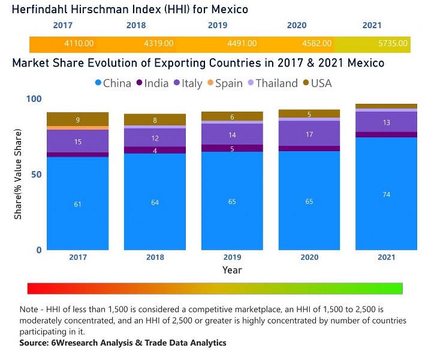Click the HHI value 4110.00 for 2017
pyautogui.click(x=79, y=44)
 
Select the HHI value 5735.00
pyautogui.click(x=393, y=44)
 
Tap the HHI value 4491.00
pyautogui.click(x=242, y=44)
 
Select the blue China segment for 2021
pyautogui.click(x=386, y=193)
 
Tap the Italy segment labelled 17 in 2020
pyautogui.click(x=309, y=134)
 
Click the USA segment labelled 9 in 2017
pyautogui.click(x=77, y=119)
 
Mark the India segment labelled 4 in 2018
pyautogui.click(x=155, y=150)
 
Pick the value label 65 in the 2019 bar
pyautogui.click(x=232, y=201)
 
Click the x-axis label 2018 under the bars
pyautogui.click(x=155, y=257)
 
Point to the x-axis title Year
pyautogui.click(x=232, y=270)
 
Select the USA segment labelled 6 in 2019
pyautogui.click(x=232, y=116)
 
